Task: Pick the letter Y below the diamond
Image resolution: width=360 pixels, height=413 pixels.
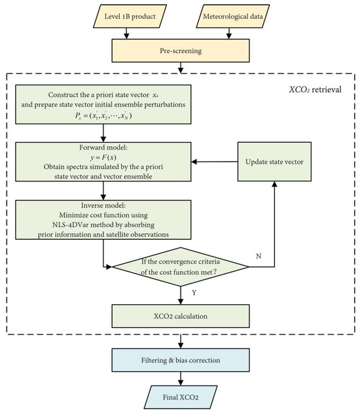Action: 188,293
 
